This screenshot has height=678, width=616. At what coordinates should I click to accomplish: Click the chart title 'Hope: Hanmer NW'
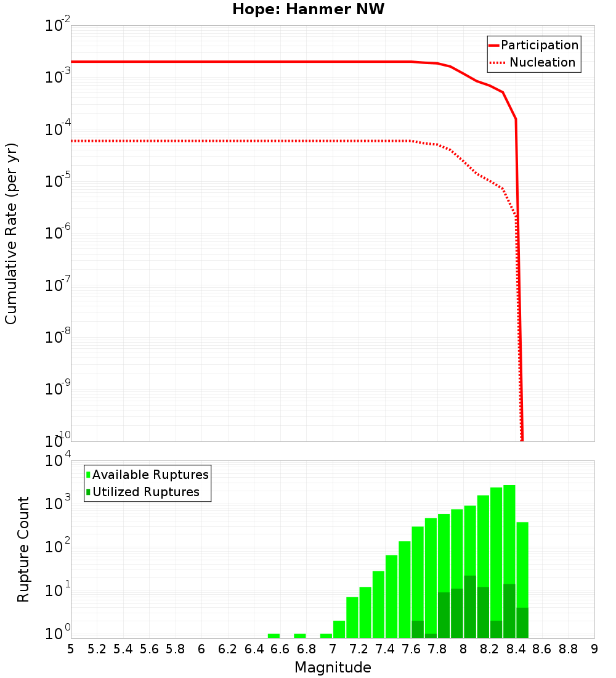(308, 9)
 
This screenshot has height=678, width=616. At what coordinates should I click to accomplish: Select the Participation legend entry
(533, 45)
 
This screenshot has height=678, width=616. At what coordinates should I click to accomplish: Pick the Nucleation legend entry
(533, 62)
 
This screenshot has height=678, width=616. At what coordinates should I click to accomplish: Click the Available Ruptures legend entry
(148, 475)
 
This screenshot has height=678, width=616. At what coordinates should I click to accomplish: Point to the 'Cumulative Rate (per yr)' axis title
(11, 233)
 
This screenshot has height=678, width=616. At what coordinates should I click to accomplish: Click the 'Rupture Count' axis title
(23, 549)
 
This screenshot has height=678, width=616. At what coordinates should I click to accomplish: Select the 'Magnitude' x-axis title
(333, 668)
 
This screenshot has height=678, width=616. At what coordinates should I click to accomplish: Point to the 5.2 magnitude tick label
(97, 649)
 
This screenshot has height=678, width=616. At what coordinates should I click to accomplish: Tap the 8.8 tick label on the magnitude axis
(569, 649)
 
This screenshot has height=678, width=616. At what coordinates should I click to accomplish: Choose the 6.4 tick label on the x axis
(254, 649)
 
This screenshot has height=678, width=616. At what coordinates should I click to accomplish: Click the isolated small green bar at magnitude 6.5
(274, 635)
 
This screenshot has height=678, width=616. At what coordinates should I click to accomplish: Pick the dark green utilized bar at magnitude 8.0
(470, 607)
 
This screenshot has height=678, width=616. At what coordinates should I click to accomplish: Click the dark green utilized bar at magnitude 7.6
(418, 629)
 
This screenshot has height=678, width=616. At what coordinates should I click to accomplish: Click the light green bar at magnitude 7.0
(339, 629)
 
